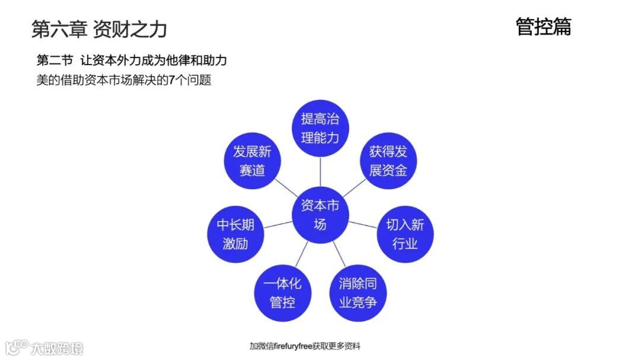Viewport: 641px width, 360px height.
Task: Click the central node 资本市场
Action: tap(320, 215)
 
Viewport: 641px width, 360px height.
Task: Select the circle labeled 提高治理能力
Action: tap(320, 128)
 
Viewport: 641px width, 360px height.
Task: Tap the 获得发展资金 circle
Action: tap(389, 161)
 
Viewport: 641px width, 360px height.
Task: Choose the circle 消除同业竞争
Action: tap(357, 292)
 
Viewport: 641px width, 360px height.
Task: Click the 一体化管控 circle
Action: tap(283, 292)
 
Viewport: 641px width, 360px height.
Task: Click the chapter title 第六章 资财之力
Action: tap(99, 28)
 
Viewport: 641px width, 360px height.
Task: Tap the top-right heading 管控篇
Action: tap(543, 27)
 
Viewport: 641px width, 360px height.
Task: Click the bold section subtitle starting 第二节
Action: tap(132, 60)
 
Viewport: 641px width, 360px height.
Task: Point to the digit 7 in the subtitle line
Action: tap(172, 80)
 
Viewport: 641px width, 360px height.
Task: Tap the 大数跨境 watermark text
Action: tap(58, 348)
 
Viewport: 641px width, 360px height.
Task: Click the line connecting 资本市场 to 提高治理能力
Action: tap(320, 172)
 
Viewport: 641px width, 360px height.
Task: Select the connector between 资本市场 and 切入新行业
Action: tap(363, 224)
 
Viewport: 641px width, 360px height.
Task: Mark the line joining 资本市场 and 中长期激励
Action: tap(278, 224)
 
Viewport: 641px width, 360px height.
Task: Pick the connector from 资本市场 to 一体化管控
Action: tap(301, 254)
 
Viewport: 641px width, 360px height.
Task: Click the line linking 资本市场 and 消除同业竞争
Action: tap(339, 254)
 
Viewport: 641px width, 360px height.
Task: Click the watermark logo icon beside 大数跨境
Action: tap(17, 347)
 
